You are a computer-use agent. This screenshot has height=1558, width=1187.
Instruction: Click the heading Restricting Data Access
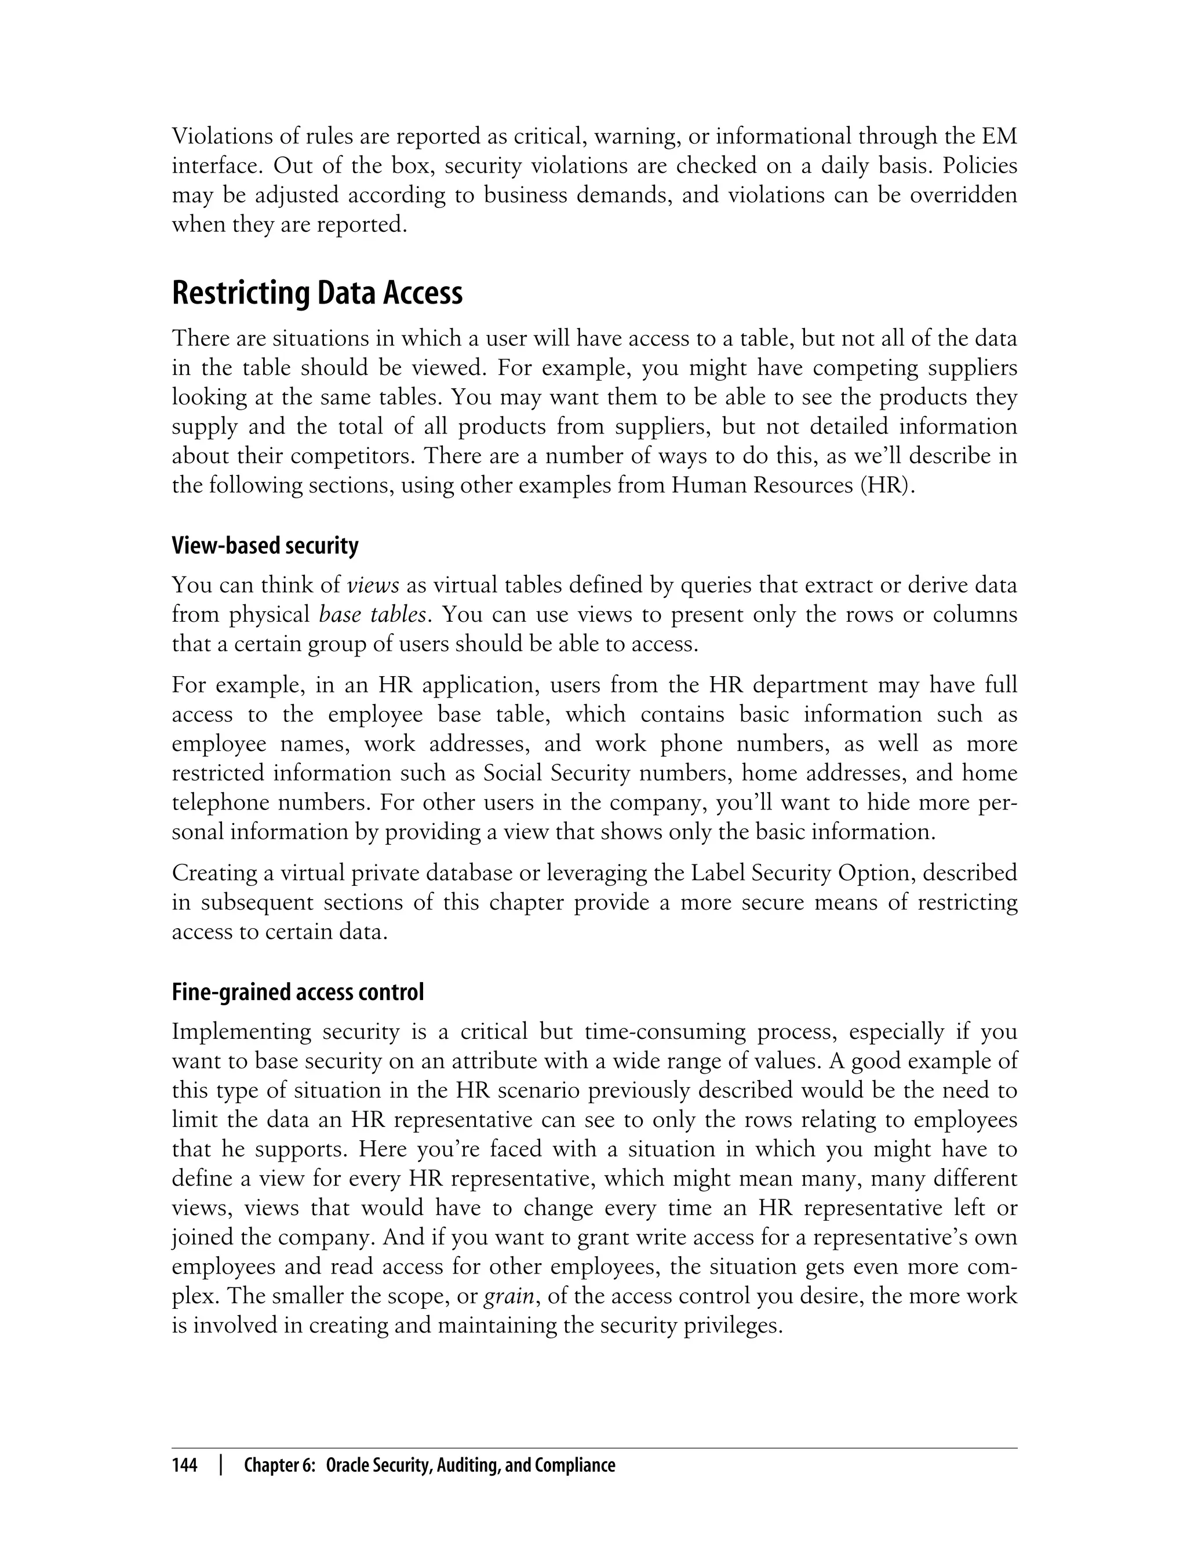click(317, 293)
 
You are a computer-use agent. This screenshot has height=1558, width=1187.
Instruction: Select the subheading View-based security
click(265, 545)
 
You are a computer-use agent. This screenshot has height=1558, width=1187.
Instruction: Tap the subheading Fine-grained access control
click(297, 993)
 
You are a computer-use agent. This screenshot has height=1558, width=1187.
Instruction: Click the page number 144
click(184, 1465)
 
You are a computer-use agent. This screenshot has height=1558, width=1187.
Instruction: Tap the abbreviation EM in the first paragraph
click(999, 136)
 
